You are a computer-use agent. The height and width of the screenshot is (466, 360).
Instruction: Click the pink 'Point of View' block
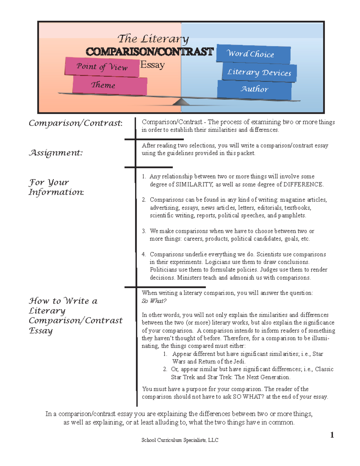pyautogui.click(x=102, y=67)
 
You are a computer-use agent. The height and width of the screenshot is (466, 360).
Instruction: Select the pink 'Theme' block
pyautogui.click(x=109, y=86)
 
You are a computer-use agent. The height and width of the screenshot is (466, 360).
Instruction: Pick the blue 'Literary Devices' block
pyautogui.click(x=259, y=72)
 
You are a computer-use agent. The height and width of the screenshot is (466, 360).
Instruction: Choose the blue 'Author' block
pyautogui.click(x=254, y=89)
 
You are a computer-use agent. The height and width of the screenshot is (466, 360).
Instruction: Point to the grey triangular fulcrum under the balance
pyautogui.click(x=181, y=102)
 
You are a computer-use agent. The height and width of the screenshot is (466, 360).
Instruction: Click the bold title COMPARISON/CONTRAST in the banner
pyautogui.click(x=149, y=52)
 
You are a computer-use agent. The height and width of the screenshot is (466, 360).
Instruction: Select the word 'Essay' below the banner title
pyautogui.click(x=152, y=65)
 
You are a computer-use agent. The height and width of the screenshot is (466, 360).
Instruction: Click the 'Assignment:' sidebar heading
pyautogui.click(x=55, y=153)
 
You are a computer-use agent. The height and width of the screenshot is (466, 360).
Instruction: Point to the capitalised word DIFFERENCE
pyautogui.click(x=303, y=185)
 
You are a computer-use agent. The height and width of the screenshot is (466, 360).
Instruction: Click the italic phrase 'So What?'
pyautogui.click(x=154, y=301)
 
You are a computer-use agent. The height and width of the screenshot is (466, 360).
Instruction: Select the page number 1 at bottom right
pyautogui.click(x=332, y=435)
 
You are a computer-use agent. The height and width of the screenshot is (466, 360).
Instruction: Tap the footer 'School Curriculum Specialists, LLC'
pyautogui.click(x=180, y=440)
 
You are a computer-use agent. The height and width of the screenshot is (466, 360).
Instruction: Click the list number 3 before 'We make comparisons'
pyautogui.click(x=144, y=231)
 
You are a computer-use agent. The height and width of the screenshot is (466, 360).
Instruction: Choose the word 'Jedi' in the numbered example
pyautogui.click(x=239, y=362)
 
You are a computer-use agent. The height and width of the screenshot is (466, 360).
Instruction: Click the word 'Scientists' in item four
pyautogui.click(x=268, y=254)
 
